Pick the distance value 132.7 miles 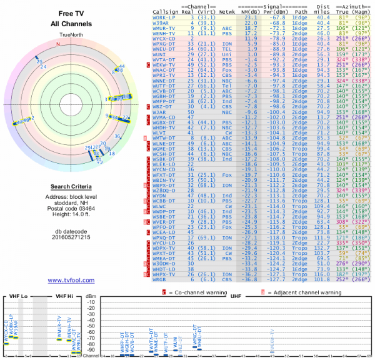point(322,247)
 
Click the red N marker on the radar point(58,44)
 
